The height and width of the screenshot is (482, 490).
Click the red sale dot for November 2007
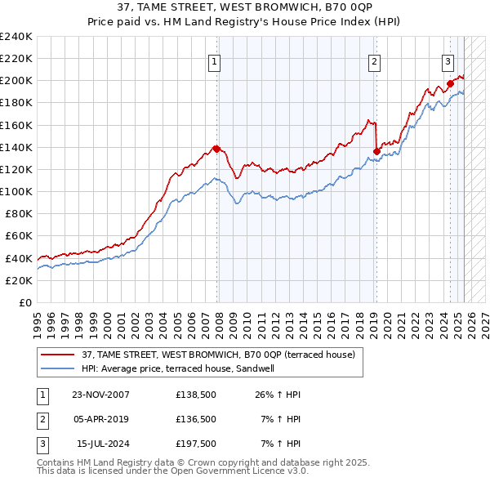tap(216, 149)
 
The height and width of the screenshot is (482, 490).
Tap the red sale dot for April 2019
tap(376, 150)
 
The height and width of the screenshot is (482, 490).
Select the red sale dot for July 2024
tap(450, 83)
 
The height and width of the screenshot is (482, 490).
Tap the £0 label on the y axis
tap(24, 302)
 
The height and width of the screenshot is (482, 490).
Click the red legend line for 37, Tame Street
tap(59, 355)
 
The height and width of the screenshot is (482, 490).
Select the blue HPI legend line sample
tap(59, 368)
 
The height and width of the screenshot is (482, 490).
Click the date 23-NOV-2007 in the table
tap(100, 395)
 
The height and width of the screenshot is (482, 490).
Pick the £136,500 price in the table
tap(195, 419)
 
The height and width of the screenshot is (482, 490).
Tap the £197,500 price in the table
tap(195, 444)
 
